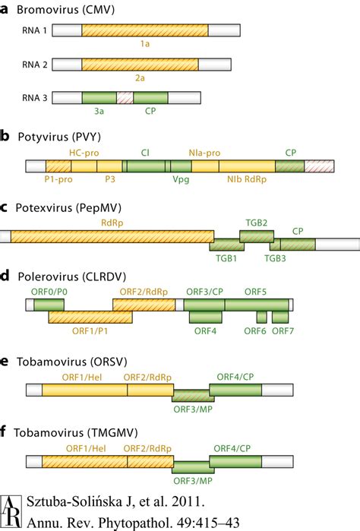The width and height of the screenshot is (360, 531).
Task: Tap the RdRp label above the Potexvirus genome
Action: pos(111,223)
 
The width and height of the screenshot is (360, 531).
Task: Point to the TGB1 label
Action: pos(226,258)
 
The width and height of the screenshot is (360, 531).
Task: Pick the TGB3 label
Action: pos(275,258)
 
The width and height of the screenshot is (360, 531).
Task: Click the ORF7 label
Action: pos(283,330)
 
